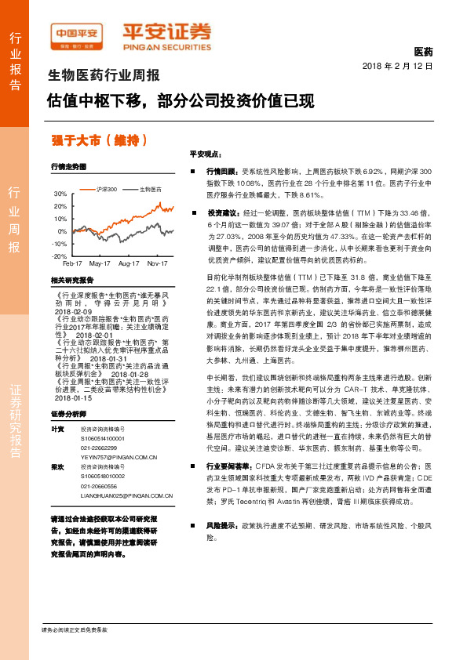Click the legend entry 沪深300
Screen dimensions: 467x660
[x=108, y=189]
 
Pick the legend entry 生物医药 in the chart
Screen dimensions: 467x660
[x=150, y=189]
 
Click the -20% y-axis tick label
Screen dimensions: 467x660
[x=60, y=256]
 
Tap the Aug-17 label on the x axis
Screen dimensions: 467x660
[x=130, y=264]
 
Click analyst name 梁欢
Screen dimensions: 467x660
[x=57, y=466]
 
